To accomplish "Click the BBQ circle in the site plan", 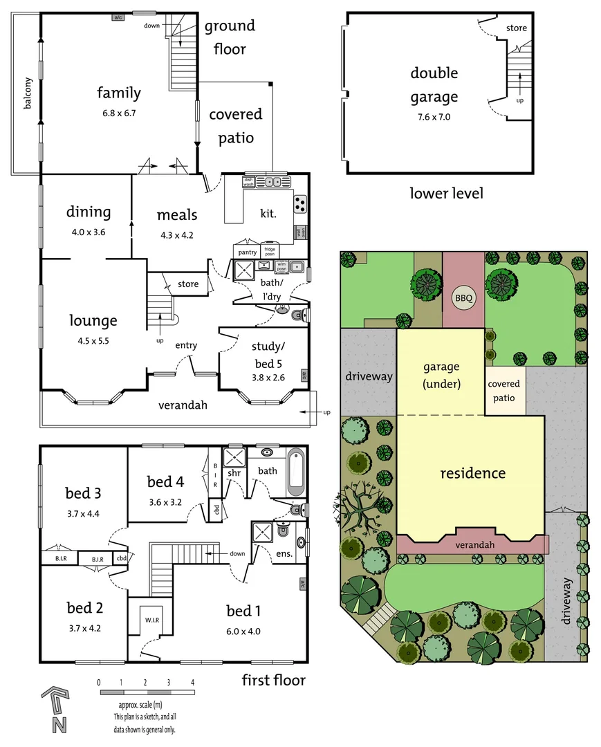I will [x=463, y=299].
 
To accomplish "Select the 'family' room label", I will [x=118, y=93].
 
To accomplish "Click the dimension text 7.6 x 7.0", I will [x=434, y=117].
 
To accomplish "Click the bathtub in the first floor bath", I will [x=295, y=472].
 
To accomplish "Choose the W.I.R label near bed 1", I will [x=152, y=620].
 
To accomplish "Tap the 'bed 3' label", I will [x=84, y=493].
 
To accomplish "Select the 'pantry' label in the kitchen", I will [x=247, y=252].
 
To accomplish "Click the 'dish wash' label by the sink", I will [x=249, y=182].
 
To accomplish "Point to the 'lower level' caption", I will [x=446, y=193].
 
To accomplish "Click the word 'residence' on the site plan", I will [x=473, y=473].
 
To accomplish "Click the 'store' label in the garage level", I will [x=516, y=28].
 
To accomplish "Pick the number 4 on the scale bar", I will [x=192, y=682].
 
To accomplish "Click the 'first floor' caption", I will [x=273, y=681].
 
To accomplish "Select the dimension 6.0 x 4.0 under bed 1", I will [x=243, y=631].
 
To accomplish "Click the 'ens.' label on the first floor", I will [x=284, y=554].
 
